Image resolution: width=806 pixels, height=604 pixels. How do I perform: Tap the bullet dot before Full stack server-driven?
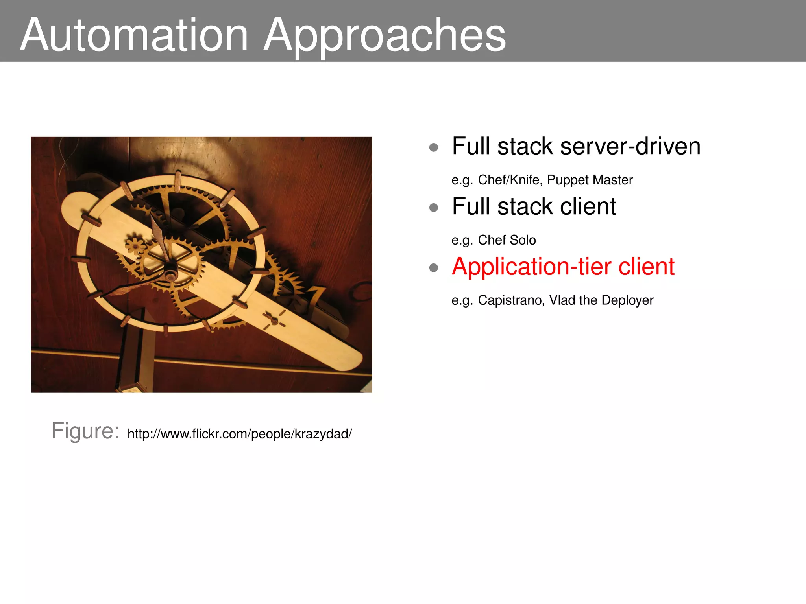click(434, 148)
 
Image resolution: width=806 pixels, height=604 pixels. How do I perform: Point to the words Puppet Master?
click(590, 180)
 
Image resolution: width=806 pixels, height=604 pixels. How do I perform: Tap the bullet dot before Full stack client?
click(434, 208)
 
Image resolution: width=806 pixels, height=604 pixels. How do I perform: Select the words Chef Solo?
click(507, 240)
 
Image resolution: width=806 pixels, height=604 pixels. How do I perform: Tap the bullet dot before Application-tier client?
click(434, 268)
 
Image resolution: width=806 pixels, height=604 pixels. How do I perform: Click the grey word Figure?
click(85, 431)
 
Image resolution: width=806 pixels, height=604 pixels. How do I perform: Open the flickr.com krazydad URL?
click(239, 434)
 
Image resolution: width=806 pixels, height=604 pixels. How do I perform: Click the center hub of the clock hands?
click(170, 274)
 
